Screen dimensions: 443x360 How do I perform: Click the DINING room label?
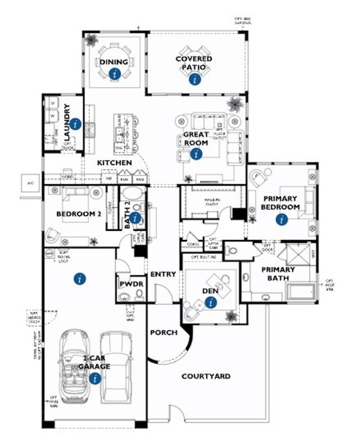point(114,61)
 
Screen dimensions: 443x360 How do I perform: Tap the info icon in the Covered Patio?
point(195,79)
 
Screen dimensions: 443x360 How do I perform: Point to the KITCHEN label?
point(115,163)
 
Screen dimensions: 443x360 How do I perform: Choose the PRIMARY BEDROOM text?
point(280,203)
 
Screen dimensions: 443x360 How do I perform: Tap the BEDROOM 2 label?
point(79,214)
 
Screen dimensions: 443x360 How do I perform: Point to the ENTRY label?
point(163,274)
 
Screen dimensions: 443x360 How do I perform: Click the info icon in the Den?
point(211,303)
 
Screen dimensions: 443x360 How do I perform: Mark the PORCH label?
point(164,332)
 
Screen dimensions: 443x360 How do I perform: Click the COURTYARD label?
point(206,376)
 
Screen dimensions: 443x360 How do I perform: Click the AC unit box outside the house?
point(29,184)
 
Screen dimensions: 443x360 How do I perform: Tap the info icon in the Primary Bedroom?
point(280,221)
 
